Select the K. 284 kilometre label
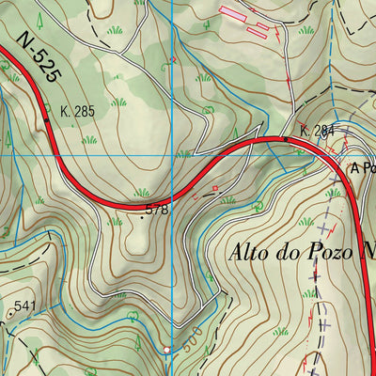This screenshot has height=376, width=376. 318,130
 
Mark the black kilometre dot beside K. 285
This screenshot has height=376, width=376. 47,120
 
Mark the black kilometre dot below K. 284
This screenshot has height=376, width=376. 288,139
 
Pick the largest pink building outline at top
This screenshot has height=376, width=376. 232,13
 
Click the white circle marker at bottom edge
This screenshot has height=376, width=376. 167,351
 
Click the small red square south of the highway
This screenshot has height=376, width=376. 215,189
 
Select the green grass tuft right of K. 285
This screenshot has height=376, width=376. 118,102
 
